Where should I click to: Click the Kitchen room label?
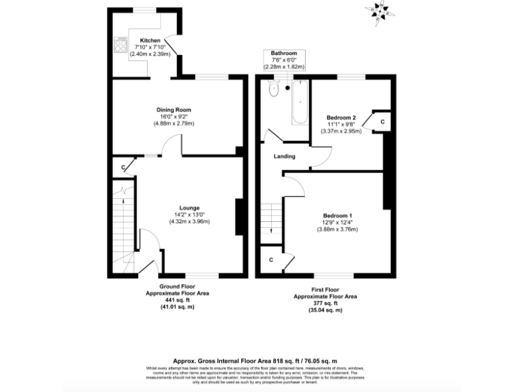click(150, 40)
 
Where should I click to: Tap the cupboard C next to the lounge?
click(123, 167)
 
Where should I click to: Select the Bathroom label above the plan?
click(284, 53)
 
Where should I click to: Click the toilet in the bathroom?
click(274, 90)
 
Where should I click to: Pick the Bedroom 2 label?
click(341, 117)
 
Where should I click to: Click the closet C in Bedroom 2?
click(383, 121)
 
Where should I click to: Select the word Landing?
click(284, 157)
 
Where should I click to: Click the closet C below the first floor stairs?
click(270, 259)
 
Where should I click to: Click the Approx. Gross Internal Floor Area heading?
click(261, 360)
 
